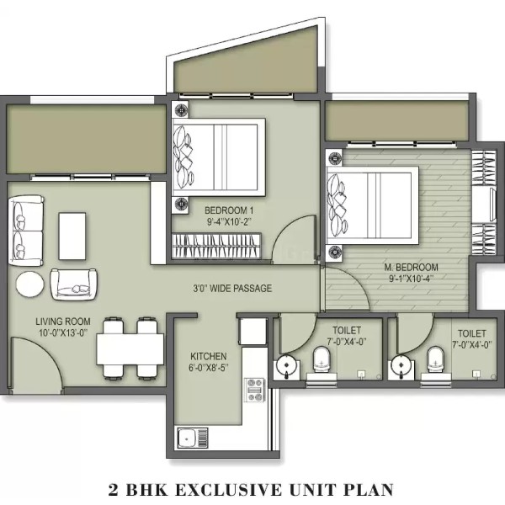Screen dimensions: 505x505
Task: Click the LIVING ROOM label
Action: click(63, 322)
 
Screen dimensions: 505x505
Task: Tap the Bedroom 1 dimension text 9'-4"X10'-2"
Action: click(229, 221)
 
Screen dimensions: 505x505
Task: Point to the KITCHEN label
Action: click(209, 356)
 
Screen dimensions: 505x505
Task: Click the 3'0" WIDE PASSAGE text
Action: click(232, 288)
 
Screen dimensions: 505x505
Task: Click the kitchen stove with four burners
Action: click(254, 390)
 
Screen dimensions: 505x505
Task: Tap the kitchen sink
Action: click(193, 438)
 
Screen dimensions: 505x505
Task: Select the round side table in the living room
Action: click(30, 284)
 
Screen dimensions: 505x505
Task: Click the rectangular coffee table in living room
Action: click(72, 236)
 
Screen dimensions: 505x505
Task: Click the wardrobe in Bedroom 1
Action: click(216, 246)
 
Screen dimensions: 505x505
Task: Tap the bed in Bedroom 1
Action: click(218, 157)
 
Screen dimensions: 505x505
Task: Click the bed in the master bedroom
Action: click(372, 205)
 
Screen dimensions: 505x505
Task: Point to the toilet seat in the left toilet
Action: click(322, 359)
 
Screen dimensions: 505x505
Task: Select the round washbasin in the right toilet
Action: click(401, 365)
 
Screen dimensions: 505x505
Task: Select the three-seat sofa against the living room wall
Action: click(26, 231)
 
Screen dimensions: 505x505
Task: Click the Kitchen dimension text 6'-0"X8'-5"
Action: click(209, 368)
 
